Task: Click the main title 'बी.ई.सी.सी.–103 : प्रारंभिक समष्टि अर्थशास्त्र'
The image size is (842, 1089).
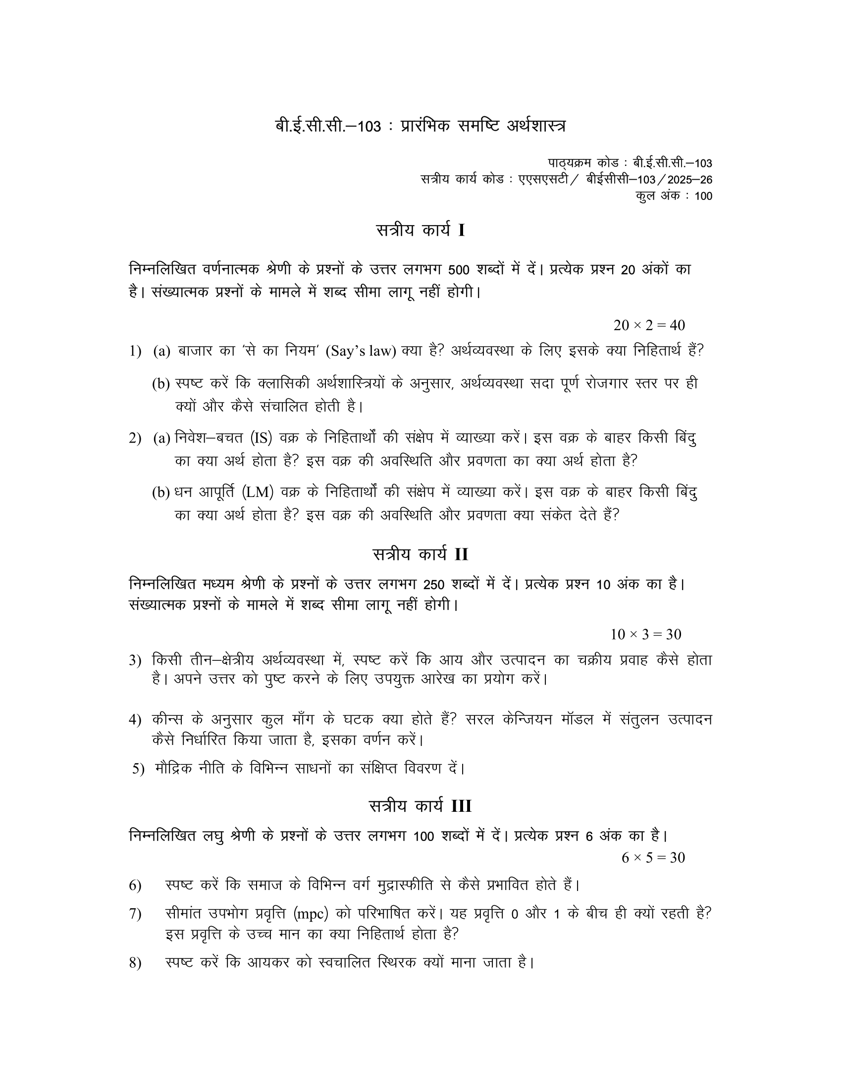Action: pyautogui.click(x=421, y=126)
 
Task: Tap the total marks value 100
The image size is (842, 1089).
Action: pyautogui.click(x=703, y=197)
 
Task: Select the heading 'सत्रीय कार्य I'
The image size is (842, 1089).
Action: pyautogui.click(x=421, y=230)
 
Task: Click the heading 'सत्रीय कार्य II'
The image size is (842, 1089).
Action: pyautogui.click(x=421, y=554)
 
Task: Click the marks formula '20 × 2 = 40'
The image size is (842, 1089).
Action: pyautogui.click(x=649, y=325)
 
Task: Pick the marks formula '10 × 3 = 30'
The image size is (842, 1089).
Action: pyautogui.click(x=645, y=634)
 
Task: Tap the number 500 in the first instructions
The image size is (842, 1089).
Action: pyautogui.click(x=459, y=270)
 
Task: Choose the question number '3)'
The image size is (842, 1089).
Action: pyautogui.click(x=136, y=661)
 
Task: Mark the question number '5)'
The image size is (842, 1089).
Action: pyautogui.click(x=138, y=769)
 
